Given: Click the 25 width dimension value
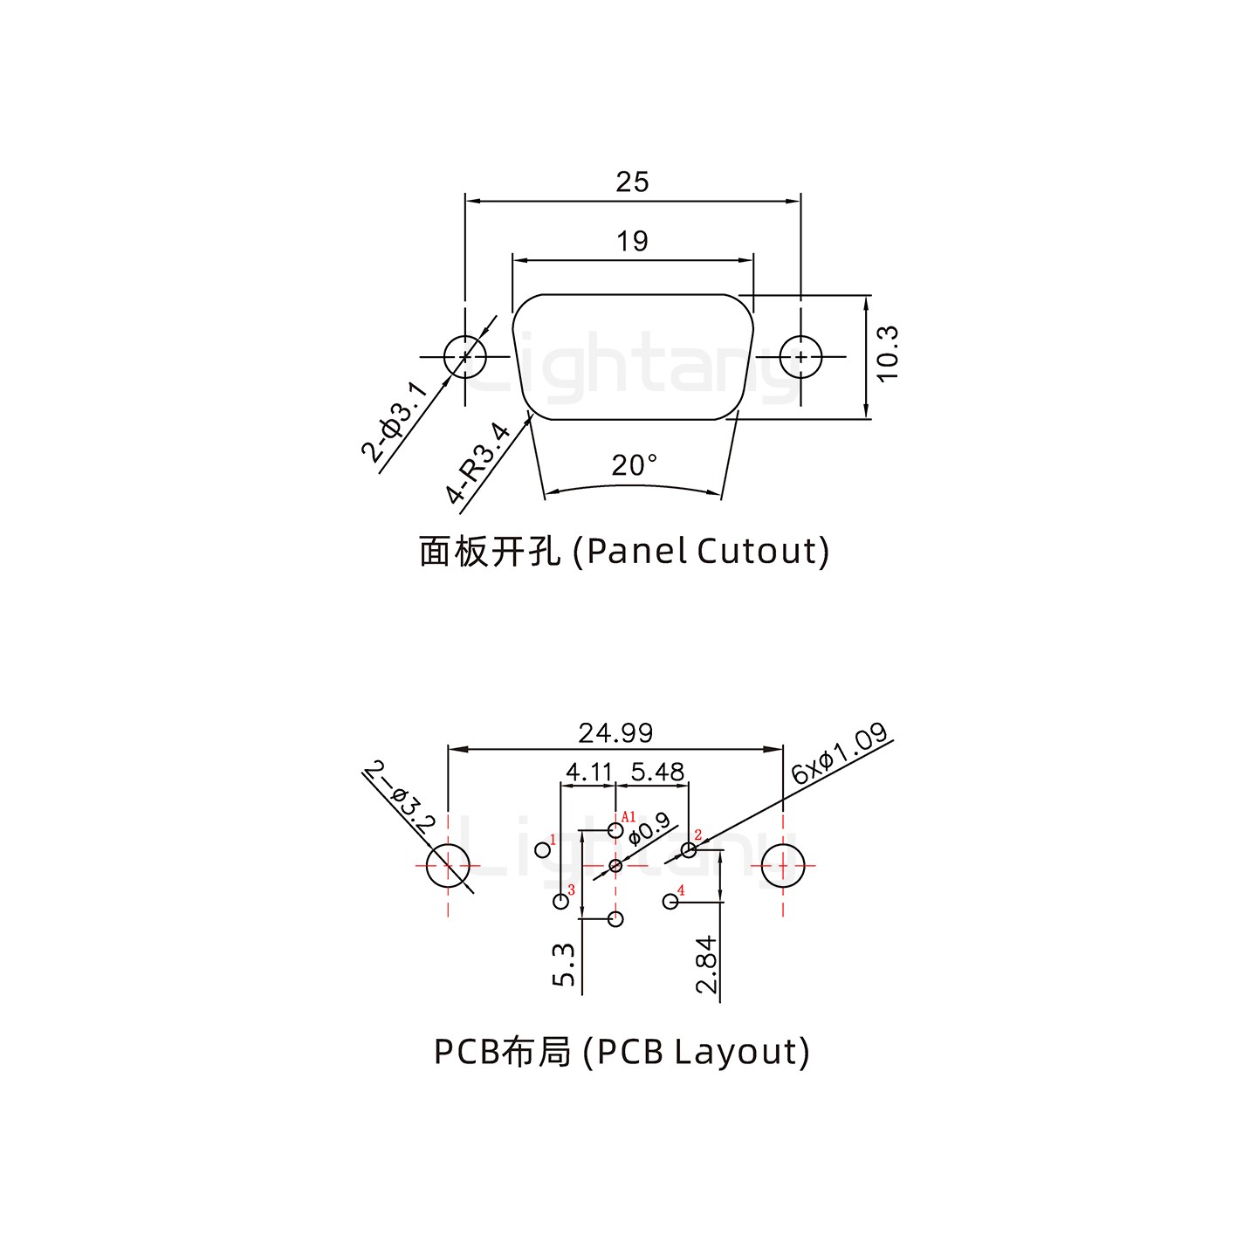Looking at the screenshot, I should point(632,182).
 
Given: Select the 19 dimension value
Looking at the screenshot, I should point(632,241).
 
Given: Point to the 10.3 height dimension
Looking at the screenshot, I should point(887,354).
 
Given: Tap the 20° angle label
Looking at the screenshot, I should point(634,466).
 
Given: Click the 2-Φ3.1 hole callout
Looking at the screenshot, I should point(395,422).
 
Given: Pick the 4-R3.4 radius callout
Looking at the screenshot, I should point(477,464).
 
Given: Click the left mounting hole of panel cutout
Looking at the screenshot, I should point(464,356).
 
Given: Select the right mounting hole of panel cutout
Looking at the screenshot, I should point(800,356).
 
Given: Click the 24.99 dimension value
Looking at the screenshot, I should point(615,732).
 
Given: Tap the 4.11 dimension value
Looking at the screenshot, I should point(589,772).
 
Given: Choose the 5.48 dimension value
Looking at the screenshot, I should point(657,772).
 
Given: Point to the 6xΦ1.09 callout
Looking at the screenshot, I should point(840,752).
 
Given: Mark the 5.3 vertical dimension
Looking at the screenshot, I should point(565,965).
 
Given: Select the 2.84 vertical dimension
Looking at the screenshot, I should point(706,965).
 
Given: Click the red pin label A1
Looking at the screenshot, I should point(628,818).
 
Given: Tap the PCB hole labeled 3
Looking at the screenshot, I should point(560,902).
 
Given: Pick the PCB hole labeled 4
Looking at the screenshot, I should point(670,902).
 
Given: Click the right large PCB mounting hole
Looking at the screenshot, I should point(783,866).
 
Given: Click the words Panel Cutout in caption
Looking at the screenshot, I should point(703,552).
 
